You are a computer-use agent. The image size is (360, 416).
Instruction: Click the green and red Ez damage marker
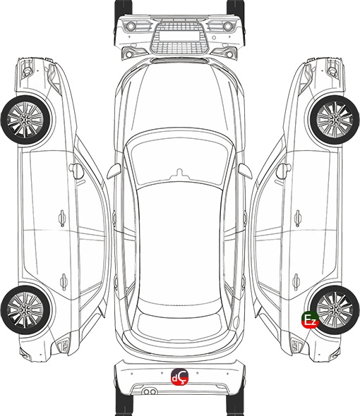click(310, 319)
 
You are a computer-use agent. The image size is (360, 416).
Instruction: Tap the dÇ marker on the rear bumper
click(179, 377)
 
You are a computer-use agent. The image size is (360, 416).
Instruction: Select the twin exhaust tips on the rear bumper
click(150, 391)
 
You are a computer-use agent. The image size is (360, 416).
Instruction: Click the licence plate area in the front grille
click(179, 35)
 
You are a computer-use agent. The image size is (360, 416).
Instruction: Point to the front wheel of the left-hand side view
click(26, 121)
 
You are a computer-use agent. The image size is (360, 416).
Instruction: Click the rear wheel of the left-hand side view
click(26, 310)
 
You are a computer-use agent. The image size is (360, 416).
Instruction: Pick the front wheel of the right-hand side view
click(335, 121)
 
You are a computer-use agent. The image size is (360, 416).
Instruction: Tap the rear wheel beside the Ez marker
click(335, 310)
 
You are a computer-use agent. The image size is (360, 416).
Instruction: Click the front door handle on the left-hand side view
click(62, 218)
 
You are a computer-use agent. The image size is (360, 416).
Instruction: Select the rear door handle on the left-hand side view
click(64, 281)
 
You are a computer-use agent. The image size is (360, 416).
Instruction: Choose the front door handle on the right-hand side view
click(298, 218)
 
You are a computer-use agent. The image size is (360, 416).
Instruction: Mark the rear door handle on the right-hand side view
click(296, 281)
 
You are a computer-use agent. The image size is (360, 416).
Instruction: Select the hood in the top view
click(179, 98)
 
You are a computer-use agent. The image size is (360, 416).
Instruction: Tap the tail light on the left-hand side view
click(63, 345)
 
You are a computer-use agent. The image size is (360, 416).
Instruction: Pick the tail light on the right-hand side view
click(297, 345)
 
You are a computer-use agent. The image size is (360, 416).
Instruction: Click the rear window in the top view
click(179, 322)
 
